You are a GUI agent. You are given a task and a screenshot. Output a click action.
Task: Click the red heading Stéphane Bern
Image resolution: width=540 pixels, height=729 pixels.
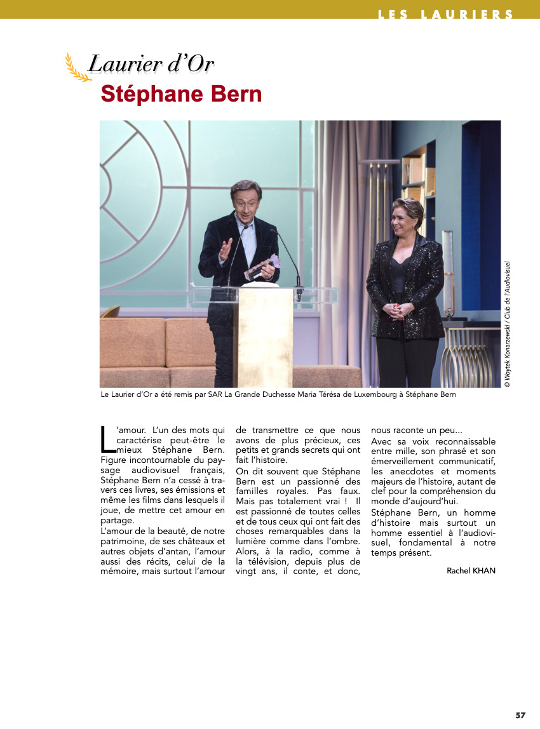tap(181, 94)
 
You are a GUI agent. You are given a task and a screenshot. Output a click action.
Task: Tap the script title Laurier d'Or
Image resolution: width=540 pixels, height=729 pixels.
tap(151, 64)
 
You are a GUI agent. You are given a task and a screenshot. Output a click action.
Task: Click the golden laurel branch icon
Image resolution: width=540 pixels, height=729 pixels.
tap(78, 68)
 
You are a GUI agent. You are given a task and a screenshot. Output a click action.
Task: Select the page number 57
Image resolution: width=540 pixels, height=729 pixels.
tap(520, 715)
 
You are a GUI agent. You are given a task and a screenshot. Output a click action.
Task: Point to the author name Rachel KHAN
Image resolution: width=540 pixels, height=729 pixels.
tap(471, 570)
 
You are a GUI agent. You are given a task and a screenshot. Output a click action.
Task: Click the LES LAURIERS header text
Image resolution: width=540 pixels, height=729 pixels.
tap(445, 14)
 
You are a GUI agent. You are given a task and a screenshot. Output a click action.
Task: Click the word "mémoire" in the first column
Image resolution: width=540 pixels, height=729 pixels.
tap(120, 571)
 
